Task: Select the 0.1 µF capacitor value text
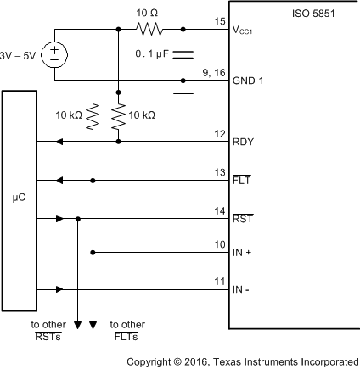tap(153, 53)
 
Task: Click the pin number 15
tap(220, 21)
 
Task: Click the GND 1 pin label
tap(249, 81)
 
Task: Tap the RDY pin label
tap(243, 143)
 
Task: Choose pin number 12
tap(220, 132)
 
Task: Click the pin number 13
tap(220, 171)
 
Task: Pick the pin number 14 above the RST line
tap(220, 209)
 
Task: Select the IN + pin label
tap(242, 253)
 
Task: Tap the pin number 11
tap(220, 280)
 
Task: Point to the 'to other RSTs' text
tap(48, 330)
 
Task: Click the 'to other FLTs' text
tap(128, 330)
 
